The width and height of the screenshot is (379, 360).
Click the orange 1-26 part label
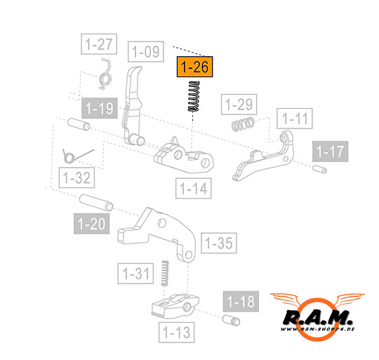point(195,67)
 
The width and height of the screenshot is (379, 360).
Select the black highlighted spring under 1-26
point(194,96)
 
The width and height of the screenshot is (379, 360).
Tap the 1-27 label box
point(99,44)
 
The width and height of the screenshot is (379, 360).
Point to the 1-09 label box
point(146,51)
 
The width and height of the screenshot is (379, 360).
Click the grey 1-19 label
point(100,108)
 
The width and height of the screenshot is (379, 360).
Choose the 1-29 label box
point(239,105)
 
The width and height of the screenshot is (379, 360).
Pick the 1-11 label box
point(295,119)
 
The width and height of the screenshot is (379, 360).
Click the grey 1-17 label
point(330,152)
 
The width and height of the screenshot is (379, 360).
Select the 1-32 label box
point(77,178)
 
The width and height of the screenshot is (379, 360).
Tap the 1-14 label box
point(194,188)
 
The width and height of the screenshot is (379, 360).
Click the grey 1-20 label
point(92,223)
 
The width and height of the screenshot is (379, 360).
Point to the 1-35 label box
point(219,243)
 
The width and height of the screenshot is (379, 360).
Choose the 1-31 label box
point(135,274)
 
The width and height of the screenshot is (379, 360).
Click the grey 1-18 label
point(241,301)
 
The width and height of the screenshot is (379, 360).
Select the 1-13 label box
point(176,332)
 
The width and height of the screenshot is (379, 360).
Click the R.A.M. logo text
point(318,318)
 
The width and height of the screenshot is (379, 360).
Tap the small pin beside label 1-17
point(319,168)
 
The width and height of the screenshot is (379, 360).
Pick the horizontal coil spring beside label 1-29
point(243,124)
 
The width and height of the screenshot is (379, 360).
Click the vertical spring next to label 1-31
point(165,273)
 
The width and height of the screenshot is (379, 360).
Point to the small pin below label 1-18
point(231,320)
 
